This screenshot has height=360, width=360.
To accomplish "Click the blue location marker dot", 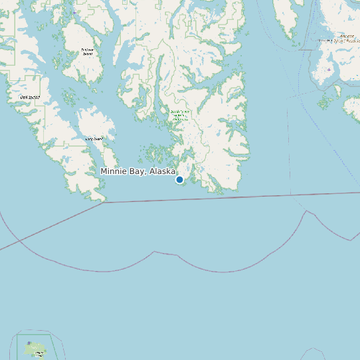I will point(179,179).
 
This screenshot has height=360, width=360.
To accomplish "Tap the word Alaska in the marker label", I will point(162,171).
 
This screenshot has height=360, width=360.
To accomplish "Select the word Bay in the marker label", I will point(138,171).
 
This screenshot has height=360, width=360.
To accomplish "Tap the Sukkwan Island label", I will point(88,51).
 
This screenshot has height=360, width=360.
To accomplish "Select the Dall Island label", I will point(30,98).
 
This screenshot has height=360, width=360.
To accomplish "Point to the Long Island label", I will point(94,139).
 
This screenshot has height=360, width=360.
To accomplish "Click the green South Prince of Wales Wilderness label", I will point(180,115).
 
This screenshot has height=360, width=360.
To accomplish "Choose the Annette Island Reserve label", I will point(336,39).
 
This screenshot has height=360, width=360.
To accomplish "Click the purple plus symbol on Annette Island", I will point(329,69).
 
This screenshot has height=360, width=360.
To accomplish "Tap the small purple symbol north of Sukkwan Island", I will point(75,12).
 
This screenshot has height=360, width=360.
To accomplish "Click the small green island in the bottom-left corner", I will point(35,349).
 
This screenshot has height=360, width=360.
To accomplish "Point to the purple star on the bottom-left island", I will point(29,343).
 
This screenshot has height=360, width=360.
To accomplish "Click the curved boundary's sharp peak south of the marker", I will point(155,252).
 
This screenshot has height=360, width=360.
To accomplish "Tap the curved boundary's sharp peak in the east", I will point(306,211).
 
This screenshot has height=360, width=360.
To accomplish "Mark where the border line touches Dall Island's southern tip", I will point(103,201).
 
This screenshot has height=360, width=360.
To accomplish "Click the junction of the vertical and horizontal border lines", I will point(290,195).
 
